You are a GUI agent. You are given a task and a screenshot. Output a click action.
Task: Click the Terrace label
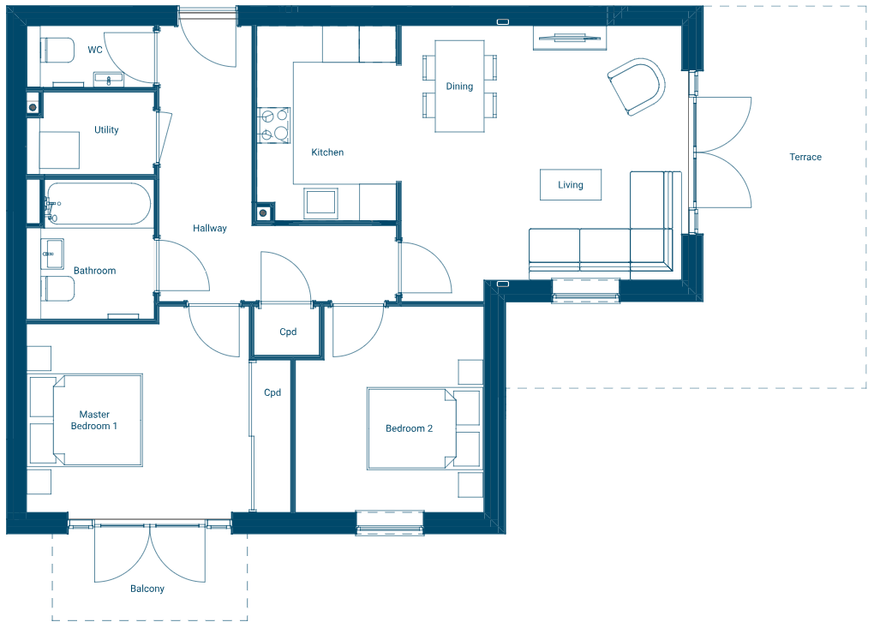click(805, 157)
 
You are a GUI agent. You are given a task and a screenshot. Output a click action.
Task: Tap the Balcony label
click(147, 589)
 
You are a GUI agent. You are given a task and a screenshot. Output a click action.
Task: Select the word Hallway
click(210, 228)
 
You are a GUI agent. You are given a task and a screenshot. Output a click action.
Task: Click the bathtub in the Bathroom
click(99, 204)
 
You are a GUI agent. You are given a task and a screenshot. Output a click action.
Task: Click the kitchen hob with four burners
click(274, 126)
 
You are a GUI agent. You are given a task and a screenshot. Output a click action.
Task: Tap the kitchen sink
click(321, 202)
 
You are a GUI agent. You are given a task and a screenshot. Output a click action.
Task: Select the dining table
click(459, 86)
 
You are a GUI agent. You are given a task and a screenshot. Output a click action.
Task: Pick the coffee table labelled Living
click(570, 184)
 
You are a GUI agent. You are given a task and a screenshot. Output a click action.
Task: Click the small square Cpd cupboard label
click(288, 332)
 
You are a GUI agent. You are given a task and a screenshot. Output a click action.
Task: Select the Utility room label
click(106, 130)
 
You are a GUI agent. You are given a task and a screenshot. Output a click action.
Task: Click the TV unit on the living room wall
click(570, 37)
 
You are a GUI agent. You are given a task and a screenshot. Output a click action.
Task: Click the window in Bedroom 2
click(390, 522)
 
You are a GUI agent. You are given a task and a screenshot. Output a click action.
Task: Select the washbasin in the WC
click(108, 81)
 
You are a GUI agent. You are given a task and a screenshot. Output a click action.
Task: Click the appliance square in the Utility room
click(60, 151)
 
